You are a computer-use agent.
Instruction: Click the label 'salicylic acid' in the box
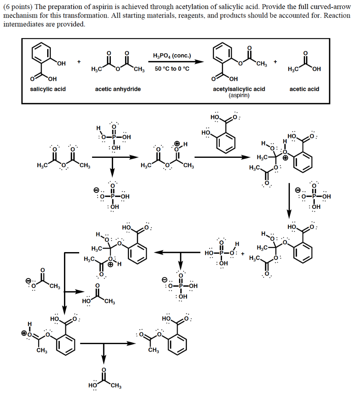[x=48, y=89]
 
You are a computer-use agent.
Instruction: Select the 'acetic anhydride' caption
[x=118, y=89]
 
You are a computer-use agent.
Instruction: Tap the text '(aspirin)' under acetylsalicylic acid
[x=239, y=95]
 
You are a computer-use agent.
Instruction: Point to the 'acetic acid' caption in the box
[x=304, y=89]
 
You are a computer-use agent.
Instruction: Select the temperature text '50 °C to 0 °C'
[x=172, y=69]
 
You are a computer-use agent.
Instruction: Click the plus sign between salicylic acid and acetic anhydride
[x=79, y=62]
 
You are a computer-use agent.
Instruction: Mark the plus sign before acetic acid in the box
[x=276, y=62]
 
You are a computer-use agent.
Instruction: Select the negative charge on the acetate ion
[x=28, y=280]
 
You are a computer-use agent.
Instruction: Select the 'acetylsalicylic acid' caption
[x=239, y=89]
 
